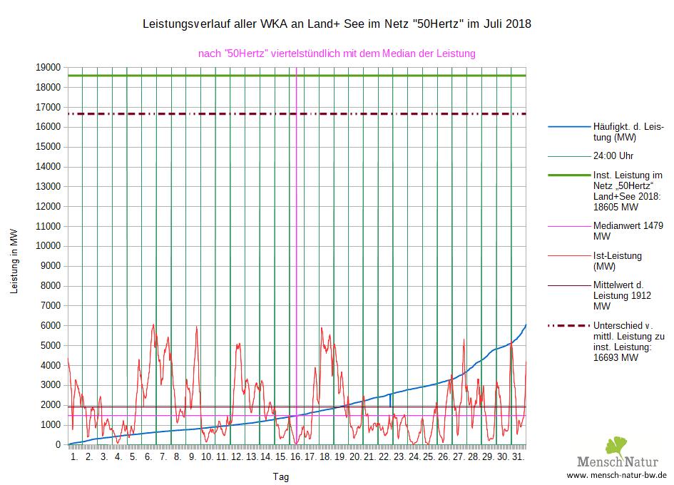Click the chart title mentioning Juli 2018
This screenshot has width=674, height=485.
337,24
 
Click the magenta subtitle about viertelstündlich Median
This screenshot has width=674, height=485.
337,53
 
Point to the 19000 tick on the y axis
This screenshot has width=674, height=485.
49,67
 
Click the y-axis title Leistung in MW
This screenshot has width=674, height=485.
14,261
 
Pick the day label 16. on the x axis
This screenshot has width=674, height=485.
297,456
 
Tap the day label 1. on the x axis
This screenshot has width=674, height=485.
74,456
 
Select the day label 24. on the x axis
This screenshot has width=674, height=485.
415,456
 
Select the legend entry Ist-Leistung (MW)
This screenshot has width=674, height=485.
618,261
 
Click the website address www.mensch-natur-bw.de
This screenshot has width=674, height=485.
617,475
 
